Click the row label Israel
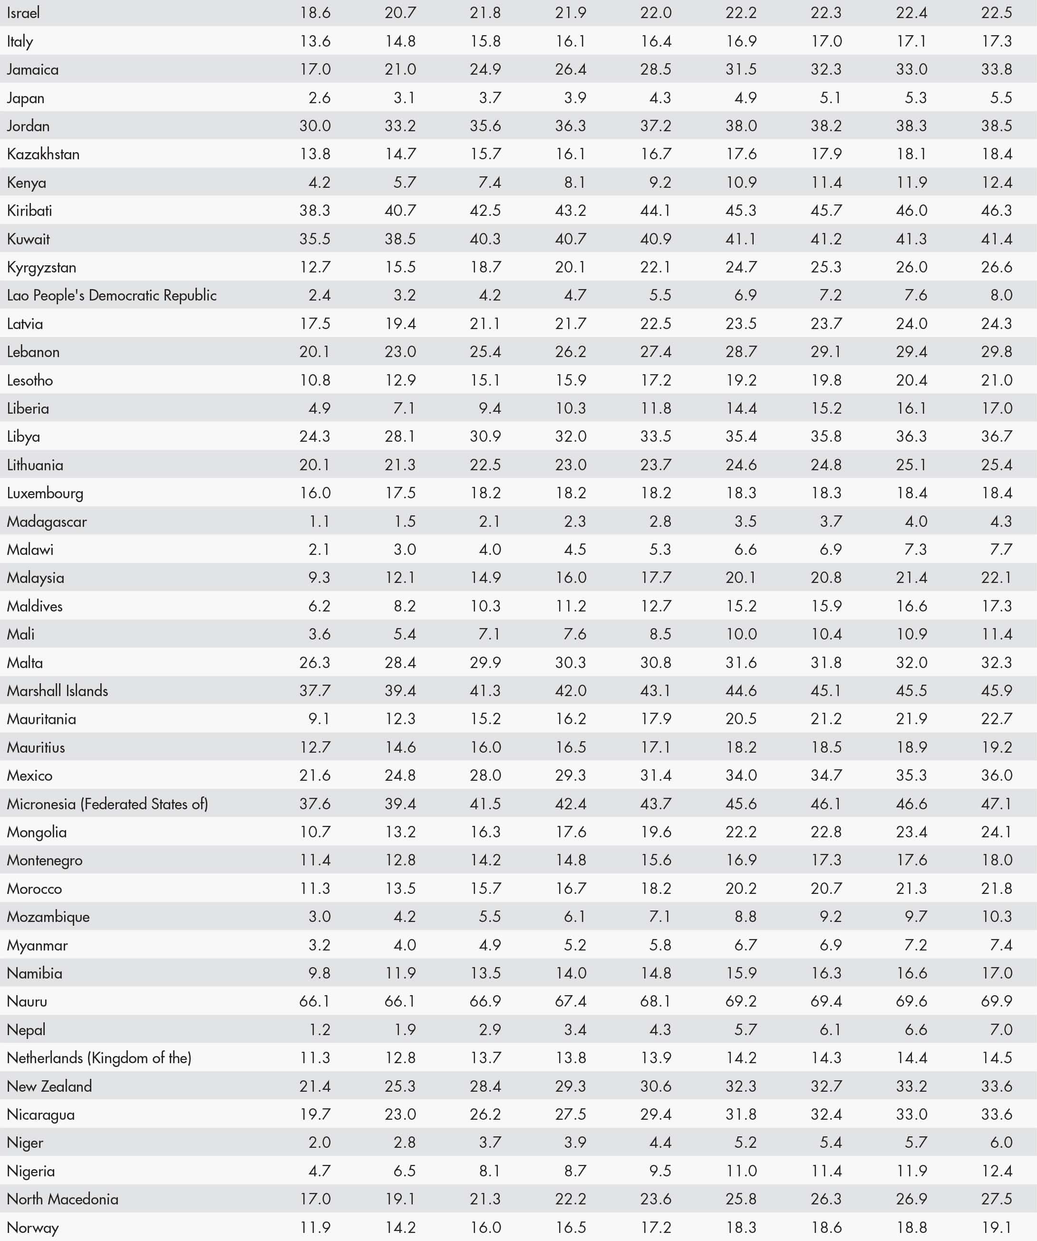click(x=24, y=13)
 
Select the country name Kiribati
click(x=29, y=210)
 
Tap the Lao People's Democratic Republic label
click(x=112, y=295)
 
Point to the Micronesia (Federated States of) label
click(x=107, y=804)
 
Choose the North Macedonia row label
click(x=63, y=1199)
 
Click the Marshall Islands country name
click(x=58, y=691)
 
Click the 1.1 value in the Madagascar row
click(x=319, y=521)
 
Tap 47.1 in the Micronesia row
click(x=997, y=804)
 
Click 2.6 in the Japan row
click(x=319, y=97)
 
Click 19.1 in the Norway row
click(x=997, y=1227)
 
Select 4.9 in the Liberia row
click(x=319, y=408)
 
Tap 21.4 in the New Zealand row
click(x=315, y=1086)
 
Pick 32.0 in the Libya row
click(x=570, y=436)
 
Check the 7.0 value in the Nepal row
click(x=1001, y=1029)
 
